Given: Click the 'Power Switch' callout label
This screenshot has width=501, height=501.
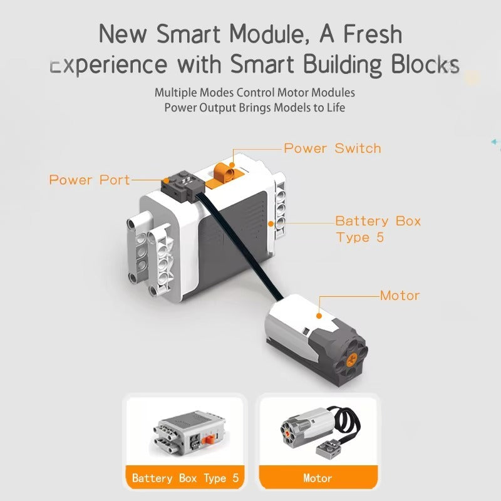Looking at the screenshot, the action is point(333,148).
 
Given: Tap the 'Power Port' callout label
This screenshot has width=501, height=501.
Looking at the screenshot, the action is point(90,180).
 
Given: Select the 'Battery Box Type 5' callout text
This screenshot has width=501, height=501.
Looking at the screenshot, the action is point(378,229).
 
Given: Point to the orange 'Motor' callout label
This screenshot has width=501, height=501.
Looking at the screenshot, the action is point(400,296).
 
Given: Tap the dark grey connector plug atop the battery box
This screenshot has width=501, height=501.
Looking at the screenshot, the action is point(180,187).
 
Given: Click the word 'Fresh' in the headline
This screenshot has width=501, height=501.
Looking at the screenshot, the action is point(373,34).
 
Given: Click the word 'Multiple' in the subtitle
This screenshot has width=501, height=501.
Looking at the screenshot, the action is point(176,93).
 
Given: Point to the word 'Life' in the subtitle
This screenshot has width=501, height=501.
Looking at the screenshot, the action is point(336,108).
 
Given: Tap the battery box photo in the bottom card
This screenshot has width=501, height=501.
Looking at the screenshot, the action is point(189,431).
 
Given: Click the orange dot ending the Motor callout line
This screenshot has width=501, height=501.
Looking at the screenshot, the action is point(319,316).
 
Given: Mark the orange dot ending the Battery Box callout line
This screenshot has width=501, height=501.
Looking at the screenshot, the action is point(271,224).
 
